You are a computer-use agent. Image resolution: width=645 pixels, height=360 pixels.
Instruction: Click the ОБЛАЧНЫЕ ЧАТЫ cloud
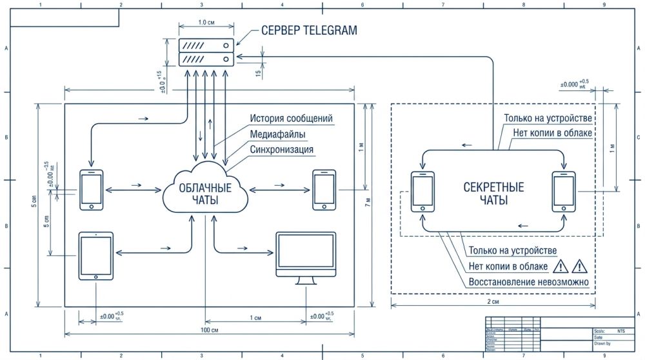pyautogui.click(x=205, y=193)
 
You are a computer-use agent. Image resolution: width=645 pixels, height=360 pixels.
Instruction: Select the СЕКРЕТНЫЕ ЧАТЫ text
pyautogui.click(x=493, y=194)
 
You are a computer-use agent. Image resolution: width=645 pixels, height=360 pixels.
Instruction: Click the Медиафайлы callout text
pyautogui.click(x=278, y=134)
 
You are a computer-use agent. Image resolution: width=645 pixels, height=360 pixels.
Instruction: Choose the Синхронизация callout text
pyautogui.click(x=282, y=150)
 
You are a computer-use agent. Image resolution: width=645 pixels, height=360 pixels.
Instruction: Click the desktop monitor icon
pyautogui.click(x=306, y=257)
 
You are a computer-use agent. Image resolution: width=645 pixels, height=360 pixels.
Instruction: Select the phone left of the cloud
pyautogui.click(x=91, y=190)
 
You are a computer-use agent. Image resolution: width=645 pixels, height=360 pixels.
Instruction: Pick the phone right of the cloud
pyautogui.click(x=324, y=190)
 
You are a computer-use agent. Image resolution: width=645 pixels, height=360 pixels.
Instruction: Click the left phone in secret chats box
pyautogui.click(x=423, y=192)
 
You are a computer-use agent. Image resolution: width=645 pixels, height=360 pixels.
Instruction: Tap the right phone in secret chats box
pyautogui.click(x=564, y=192)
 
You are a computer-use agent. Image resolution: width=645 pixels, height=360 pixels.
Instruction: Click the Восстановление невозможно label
pyautogui.click(x=529, y=282)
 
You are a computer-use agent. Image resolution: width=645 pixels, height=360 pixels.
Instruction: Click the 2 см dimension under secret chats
pyautogui.click(x=493, y=301)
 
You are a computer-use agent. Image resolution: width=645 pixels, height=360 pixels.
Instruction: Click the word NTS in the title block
pyautogui.click(x=620, y=330)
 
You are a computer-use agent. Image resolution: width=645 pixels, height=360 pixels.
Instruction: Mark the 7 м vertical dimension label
pyautogui.click(x=368, y=203)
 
